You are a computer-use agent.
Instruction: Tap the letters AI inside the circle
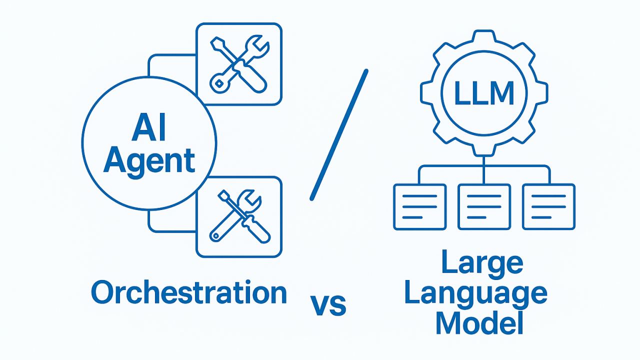[x=149, y=127]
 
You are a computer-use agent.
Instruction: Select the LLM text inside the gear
[x=484, y=93]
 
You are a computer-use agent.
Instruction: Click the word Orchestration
[x=189, y=292]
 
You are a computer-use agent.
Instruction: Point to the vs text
[x=328, y=305]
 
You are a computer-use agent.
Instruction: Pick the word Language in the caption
[x=476, y=295]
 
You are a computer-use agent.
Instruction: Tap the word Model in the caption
[x=479, y=323]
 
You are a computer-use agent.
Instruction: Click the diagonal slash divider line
[x=339, y=135]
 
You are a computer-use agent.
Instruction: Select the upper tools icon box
[x=239, y=64]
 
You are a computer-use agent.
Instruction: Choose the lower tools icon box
[x=239, y=217]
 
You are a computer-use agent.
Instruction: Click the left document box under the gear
[x=419, y=207]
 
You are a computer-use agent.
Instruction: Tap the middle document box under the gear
[x=484, y=207]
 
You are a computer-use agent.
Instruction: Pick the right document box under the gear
[x=549, y=207]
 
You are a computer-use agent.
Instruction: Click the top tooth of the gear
[x=484, y=35]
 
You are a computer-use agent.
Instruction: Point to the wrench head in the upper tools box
[x=255, y=45]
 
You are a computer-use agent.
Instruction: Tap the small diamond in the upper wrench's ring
[x=219, y=83]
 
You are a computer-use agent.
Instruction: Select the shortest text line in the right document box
[x=541, y=217]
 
